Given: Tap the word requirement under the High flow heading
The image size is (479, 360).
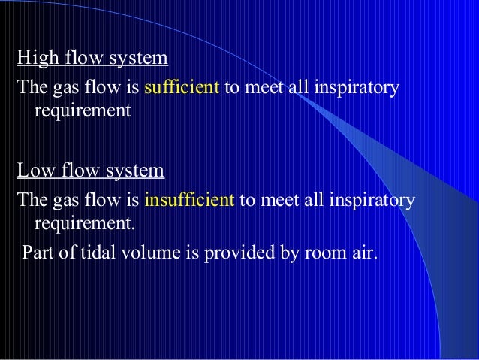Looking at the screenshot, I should (82, 111).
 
